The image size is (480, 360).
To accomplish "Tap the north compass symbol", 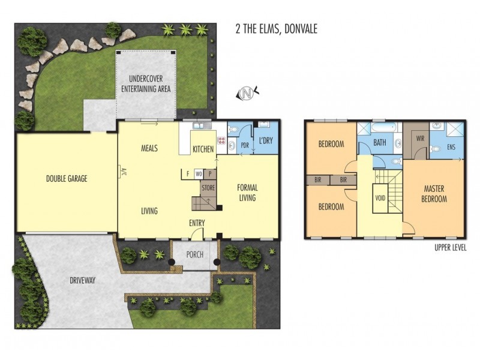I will pyautogui.click(x=247, y=93).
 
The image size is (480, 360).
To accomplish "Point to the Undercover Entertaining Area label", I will pyautogui.click(x=146, y=84).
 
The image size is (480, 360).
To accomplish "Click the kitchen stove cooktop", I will pyautogui.click(x=221, y=143).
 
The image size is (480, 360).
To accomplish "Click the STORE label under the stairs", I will pyautogui.click(x=208, y=188).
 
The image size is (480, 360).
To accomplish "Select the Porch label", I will pyautogui.click(x=194, y=254).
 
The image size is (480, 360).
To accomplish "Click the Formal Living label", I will pyautogui.click(x=248, y=192).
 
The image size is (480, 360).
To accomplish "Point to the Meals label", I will pyautogui.click(x=149, y=148).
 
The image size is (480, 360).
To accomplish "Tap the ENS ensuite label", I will pyautogui.click(x=451, y=147).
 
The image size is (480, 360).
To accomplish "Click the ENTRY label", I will pyautogui.click(x=197, y=223).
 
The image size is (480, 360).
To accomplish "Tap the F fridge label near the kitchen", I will pyautogui.click(x=188, y=174).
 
